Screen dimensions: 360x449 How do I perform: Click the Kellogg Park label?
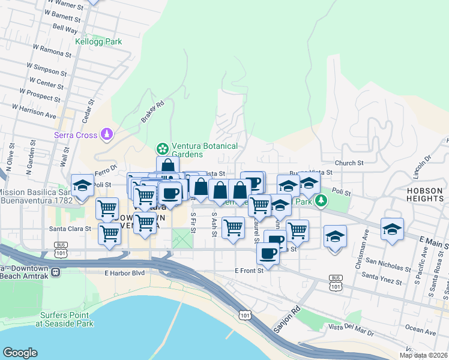tap(98, 41)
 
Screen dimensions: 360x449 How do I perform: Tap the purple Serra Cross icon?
tap(107, 133)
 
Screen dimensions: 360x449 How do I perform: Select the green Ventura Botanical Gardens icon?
tap(161, 148)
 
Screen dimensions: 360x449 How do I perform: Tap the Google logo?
tap(20, 353)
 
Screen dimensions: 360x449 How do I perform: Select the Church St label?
tap(349, 163)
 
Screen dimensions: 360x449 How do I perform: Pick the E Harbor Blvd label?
tap(124, 273)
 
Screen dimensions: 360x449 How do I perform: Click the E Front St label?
tap(249, 271)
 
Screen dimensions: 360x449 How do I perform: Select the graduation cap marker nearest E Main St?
tap(392, 230)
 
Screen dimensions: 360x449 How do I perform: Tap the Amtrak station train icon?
tap(55, 271)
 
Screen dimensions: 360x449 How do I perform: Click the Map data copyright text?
tap(423, 355)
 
